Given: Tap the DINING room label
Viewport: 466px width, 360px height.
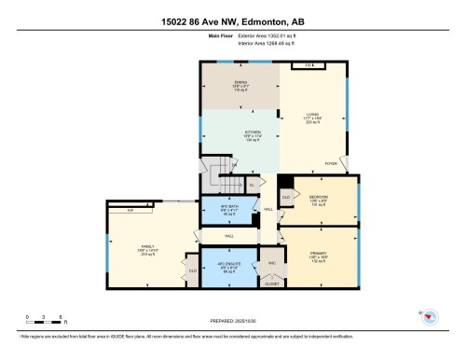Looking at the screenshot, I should coord(240,87).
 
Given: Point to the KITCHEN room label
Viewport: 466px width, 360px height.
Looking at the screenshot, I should coord(252,134).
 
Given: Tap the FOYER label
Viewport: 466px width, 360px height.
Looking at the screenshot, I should coord(330,163).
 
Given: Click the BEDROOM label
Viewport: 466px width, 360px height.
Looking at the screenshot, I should coord(318,198).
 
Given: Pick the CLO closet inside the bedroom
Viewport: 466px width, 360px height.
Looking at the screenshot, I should coord(286,197).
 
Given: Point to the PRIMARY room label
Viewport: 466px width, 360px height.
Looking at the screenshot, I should coord(317,254).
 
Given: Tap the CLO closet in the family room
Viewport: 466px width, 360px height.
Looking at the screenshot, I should coord(193,271).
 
